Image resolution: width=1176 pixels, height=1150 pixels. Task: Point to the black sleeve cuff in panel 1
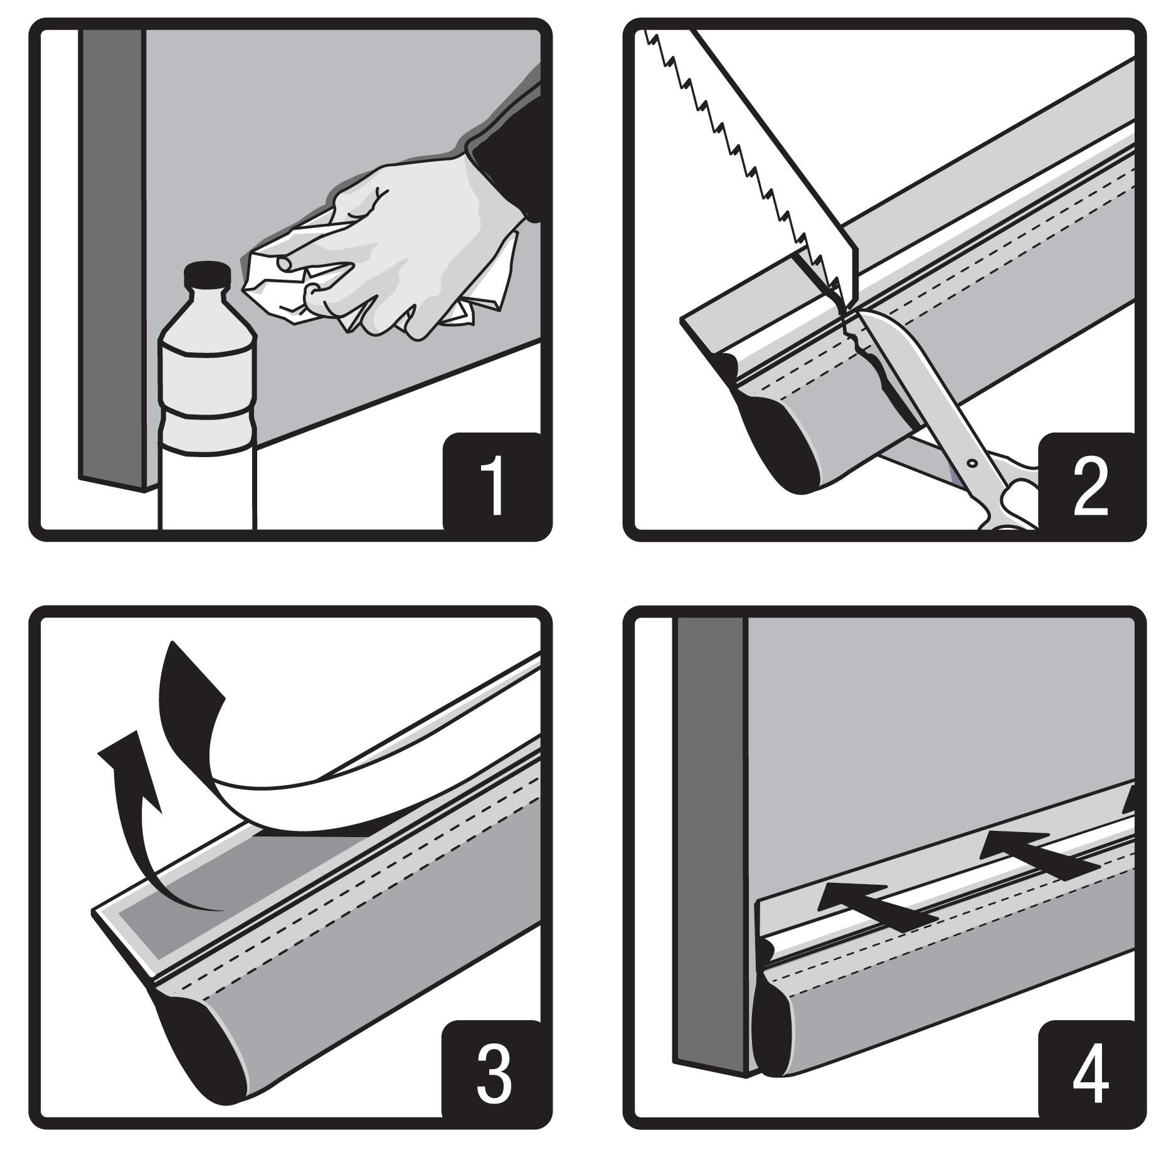(x=505, y=169)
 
